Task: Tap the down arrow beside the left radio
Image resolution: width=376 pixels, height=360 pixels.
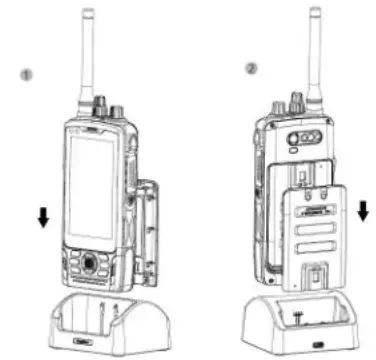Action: click(42, 217)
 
